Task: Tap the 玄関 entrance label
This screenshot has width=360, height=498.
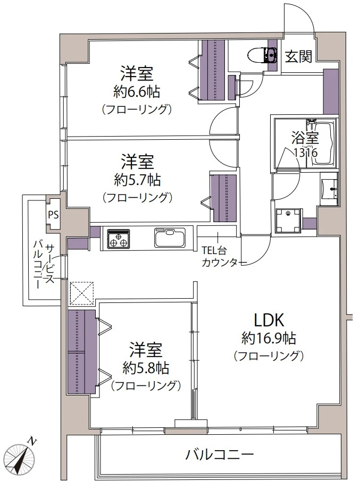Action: tap(298, 56)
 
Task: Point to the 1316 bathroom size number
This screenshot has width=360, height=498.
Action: tap(306, 153)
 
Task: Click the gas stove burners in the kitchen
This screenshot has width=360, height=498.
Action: tap(119, 238)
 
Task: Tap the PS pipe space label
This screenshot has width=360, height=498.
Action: tap(53, 215)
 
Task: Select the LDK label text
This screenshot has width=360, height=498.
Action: tap(269, 321)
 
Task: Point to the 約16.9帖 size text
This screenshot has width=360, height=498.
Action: tap(269, 339)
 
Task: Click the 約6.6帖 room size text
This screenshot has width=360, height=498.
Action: tap(137, 92)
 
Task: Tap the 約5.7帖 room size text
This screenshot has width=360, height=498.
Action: tap(137, 180)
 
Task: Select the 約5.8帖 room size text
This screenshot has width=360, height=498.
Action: tap(146, 368)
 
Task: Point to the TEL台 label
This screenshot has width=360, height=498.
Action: tap(214, 250)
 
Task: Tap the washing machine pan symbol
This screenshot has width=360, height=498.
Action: tap(289, 221)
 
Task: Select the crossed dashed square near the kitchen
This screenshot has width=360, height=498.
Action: tap(82, 292)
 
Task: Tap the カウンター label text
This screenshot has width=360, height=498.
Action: tap(221, 263)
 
